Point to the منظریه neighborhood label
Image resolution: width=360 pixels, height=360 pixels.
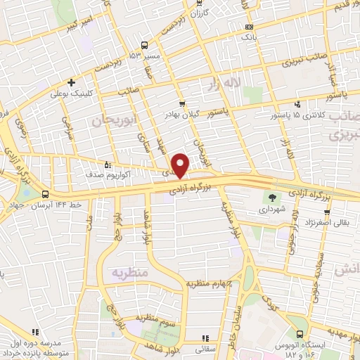[129, 271]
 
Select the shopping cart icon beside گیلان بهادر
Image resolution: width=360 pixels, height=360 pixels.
[182, 102]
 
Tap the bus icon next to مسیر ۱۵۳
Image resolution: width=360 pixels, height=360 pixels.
[144, 45]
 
